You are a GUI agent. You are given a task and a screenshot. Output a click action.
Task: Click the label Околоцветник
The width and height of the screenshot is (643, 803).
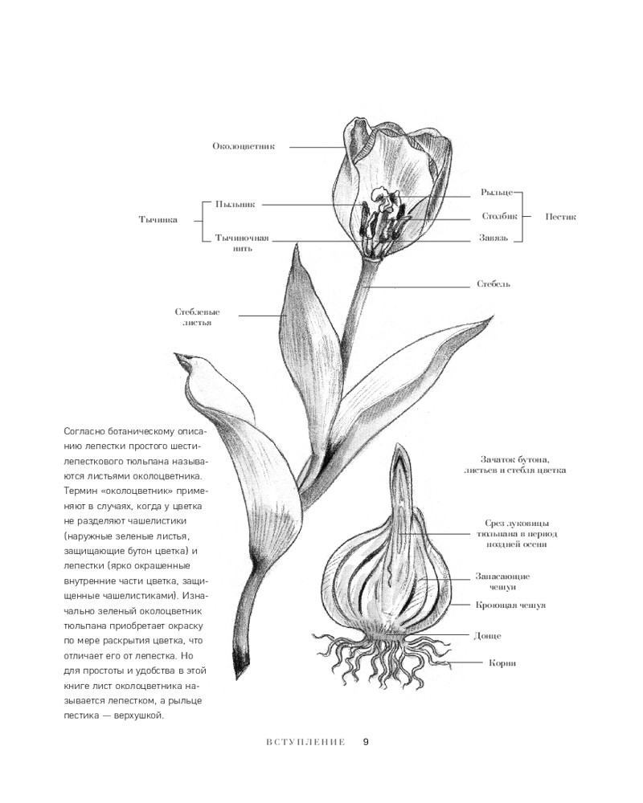pyautogui.click(x=244, y=146)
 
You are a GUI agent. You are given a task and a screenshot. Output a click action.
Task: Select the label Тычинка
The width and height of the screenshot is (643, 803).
pyautogui.click(x=158, y=218)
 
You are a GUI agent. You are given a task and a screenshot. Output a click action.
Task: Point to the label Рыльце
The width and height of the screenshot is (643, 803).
pyautogui.click(x=496, y=193)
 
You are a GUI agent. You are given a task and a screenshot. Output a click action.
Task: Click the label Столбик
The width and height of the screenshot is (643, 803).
pyautogui.click(x=498, y=216)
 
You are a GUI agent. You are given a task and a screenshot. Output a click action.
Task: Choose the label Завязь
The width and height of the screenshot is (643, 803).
pyautogui.click(x=497, y=238)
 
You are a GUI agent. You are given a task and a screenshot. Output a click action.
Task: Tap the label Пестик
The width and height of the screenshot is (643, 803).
pyautogui.click(x=560, y=216)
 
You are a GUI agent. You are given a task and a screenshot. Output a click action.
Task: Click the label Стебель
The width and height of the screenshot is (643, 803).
pyautogui.click(x=494, y=283)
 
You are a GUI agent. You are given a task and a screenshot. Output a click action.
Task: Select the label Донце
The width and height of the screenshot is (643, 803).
pyautogui.click(x=488, y=635)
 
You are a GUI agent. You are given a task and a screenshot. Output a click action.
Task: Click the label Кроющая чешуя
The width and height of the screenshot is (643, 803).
pyautogui.click(x=510, y=605)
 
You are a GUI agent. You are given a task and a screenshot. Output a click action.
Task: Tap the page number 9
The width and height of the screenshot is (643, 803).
pyautogui.click(x=366, y=741)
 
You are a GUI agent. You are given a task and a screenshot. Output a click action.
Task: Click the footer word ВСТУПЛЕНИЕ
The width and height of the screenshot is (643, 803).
pyautogui.click(x=305, y=742)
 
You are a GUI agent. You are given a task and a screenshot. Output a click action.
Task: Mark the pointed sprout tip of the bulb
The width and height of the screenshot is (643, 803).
pyautogui.click(x=399, y=450)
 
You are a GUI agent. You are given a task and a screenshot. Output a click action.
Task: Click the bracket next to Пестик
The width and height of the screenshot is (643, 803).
pyautogui.click(x=522, y=216)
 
